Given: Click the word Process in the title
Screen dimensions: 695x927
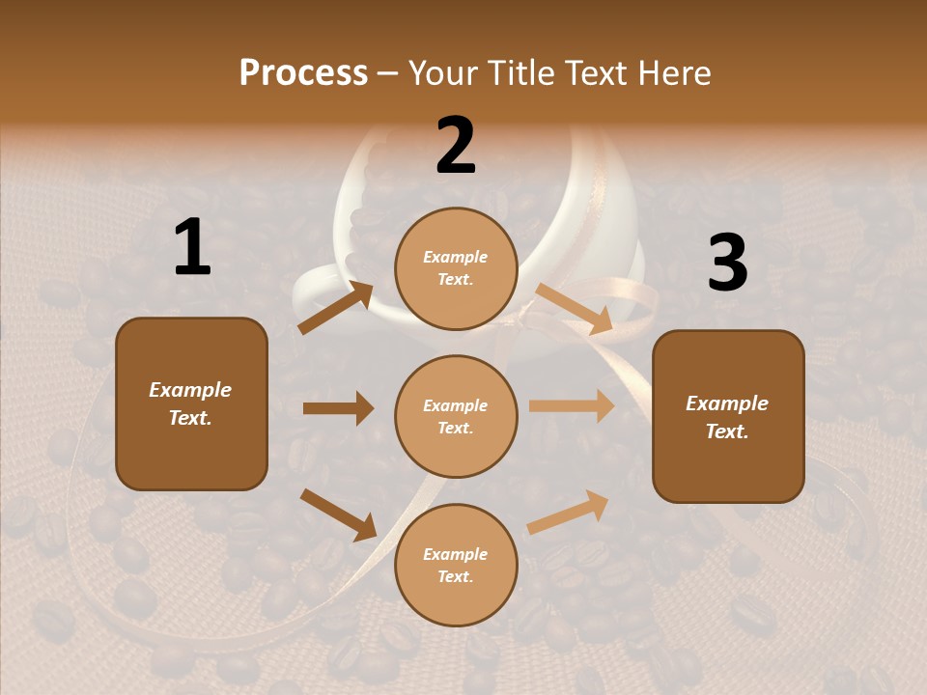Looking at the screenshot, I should (303, 72).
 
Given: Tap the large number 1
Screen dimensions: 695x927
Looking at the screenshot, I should (192, 248).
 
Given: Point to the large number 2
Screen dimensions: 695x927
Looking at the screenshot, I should (456, 146).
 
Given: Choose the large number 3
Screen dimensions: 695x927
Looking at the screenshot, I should (727, 263).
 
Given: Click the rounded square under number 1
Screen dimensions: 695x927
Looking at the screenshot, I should (191, 403).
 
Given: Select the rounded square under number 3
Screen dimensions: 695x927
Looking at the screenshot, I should (728, 416).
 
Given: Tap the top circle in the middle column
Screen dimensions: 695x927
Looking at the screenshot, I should (456, 268).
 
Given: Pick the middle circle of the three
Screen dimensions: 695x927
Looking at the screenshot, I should (456, 416).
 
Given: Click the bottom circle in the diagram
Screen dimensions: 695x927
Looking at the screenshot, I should (456, 565).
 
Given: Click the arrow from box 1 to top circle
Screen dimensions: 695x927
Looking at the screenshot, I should (336, 307).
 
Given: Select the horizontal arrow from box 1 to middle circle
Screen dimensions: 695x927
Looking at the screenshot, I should (338, 408).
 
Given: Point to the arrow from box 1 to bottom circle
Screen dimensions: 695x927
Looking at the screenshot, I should (338, 514).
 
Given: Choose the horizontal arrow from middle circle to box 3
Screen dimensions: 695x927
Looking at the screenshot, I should (571, 406).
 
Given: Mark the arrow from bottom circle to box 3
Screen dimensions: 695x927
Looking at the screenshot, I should (569, 513).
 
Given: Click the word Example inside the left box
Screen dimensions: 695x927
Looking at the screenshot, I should (190, 390).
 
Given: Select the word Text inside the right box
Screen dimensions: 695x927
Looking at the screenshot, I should (727, 431).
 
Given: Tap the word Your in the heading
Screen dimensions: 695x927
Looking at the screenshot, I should (443, 72).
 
